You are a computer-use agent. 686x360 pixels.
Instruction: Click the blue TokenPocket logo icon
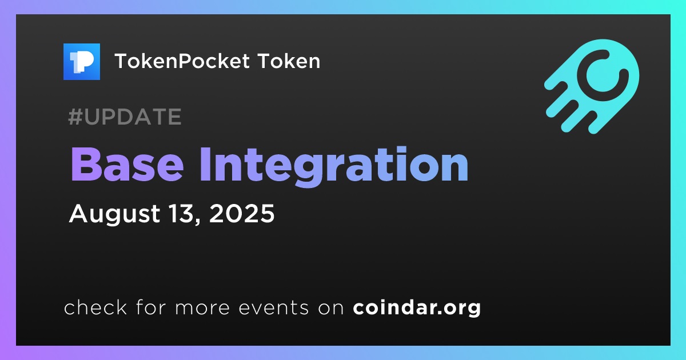coord(81,62)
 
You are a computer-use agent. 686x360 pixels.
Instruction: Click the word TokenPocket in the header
coord(182,61)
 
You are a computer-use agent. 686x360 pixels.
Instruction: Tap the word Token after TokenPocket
coord(289,61)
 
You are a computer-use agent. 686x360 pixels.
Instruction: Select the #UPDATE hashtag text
coord(125,117)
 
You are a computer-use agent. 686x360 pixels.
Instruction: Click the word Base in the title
coord(127,165)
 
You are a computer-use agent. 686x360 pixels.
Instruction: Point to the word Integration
coord(334,166)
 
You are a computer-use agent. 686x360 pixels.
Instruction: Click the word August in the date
coord(114,214)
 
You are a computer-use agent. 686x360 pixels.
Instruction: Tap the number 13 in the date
coord(181,213)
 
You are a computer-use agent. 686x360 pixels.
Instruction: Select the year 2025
coord(242,213)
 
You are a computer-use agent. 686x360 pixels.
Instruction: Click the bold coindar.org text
coord(417,308)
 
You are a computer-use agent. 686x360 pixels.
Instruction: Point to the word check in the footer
coord(95,307)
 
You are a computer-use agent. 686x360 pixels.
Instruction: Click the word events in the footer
coord(274,308)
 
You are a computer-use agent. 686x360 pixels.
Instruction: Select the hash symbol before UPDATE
coord(75,117)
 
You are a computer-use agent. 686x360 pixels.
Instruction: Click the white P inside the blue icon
coord(85,62)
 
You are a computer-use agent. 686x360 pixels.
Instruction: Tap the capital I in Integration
coord(205,165)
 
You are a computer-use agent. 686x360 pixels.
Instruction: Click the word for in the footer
coord(151,307)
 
